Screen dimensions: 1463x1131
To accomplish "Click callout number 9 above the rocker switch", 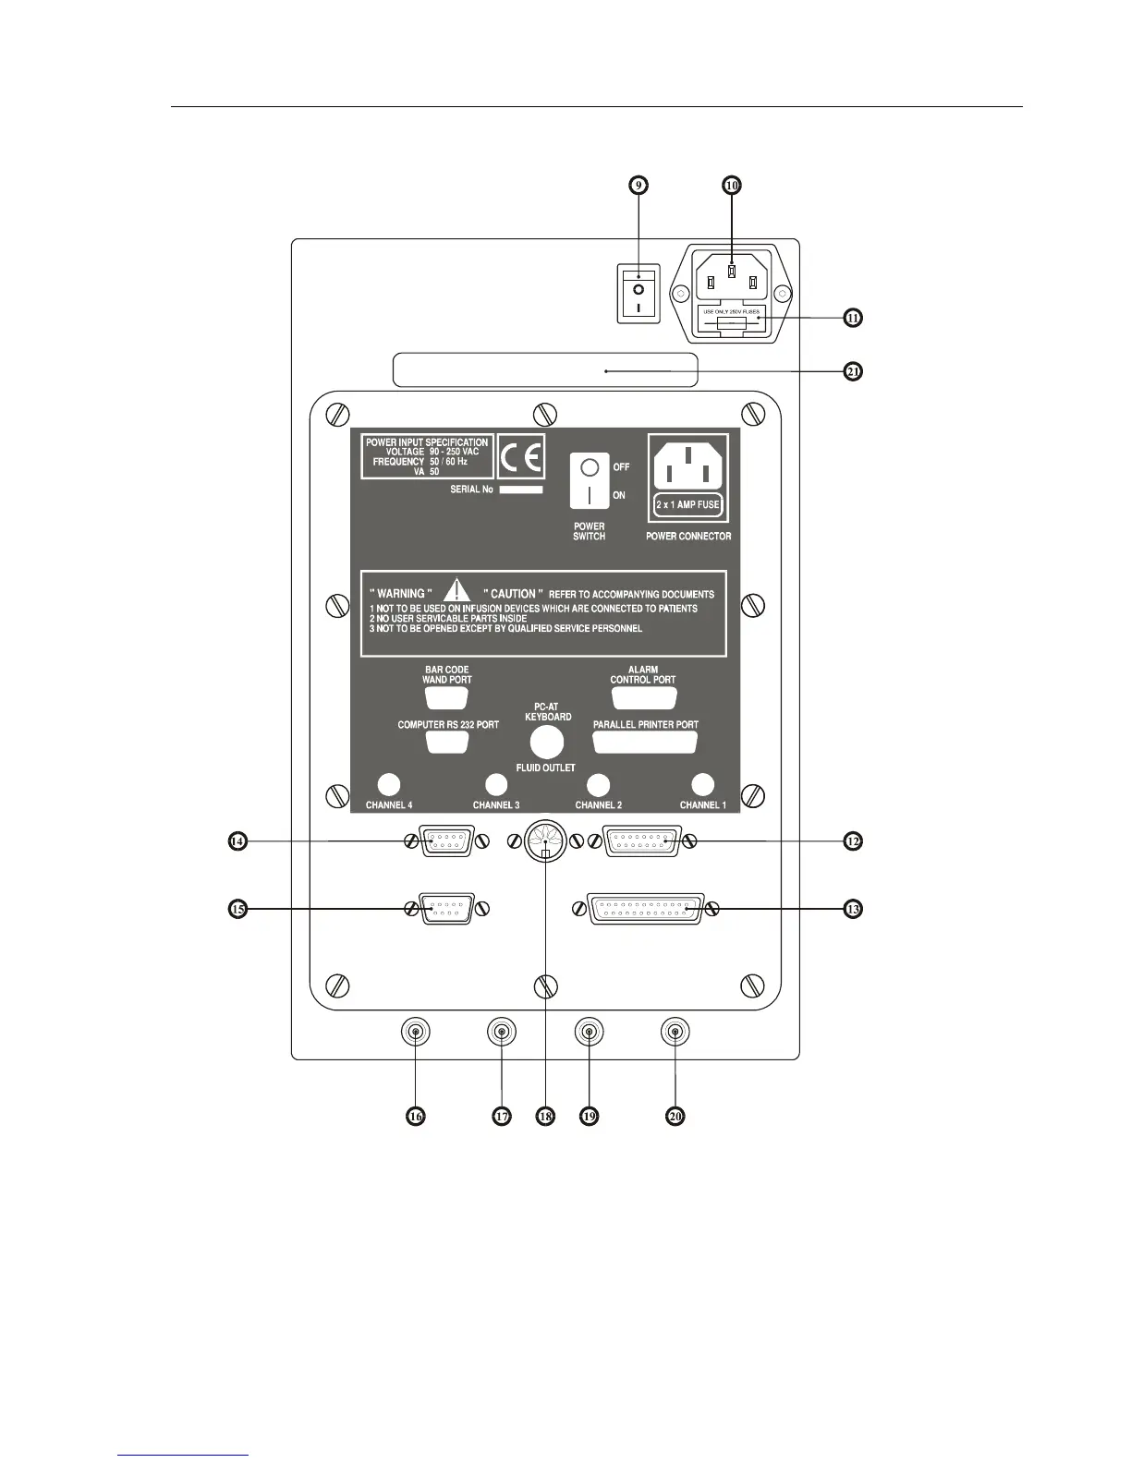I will point(638,185).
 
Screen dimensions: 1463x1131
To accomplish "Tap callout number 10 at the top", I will point(731,185).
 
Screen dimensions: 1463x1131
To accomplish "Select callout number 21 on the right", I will point(852,371).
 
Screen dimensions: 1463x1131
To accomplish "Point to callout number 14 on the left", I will point(238,841).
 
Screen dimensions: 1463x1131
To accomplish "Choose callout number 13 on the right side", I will point(852,909).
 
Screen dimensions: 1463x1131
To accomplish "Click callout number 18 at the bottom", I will point(545,1116).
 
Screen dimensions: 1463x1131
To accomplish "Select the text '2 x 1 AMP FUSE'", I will point(687,504).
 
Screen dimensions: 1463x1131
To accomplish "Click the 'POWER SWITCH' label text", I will point(589,531).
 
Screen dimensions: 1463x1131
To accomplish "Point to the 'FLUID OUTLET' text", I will point(545,768).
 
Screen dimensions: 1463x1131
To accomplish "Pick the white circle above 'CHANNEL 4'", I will point(389,784).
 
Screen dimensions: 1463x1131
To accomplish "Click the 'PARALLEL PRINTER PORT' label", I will point(645,725).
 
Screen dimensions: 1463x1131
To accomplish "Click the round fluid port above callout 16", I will point(416,1033).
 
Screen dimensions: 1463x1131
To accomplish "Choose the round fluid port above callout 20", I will point(675,1033).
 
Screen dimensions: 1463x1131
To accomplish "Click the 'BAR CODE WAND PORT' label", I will point(447,674).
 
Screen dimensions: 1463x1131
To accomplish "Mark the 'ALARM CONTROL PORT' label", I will point(643,674).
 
